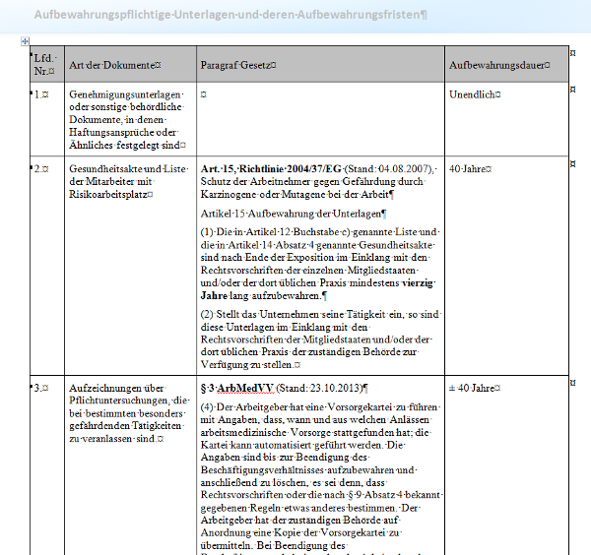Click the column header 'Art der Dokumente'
pyautogui.click(x=115, y=65)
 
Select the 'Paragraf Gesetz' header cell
pyautogui.click(x=237, y=65)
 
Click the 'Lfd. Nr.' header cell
pyautogui.click(x=44, y=65)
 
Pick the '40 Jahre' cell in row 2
pyautogui.click(x=470, y=169)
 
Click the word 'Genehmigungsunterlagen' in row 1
pyautogui.click(x=126, y=94)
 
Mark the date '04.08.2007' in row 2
pyautogui.click(x=400, y=169)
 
